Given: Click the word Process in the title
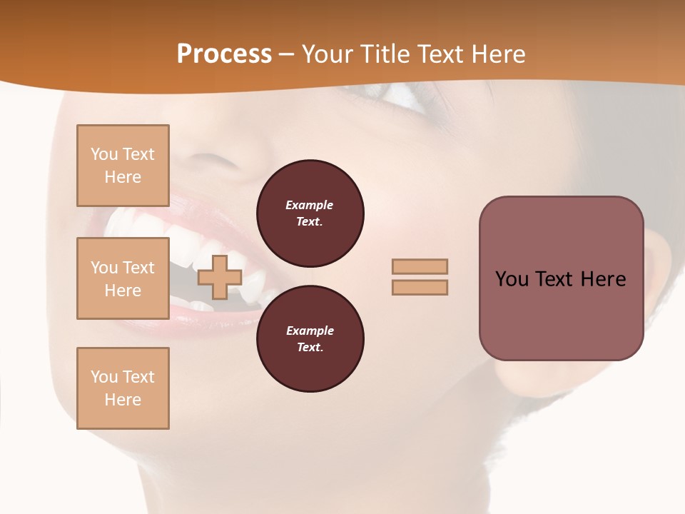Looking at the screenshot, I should [224, 54].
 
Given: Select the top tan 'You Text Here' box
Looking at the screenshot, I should [123, 166].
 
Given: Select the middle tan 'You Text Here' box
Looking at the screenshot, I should [123, 278].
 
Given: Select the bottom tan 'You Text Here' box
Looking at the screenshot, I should [123, 388].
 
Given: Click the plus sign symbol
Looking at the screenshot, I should [219, 277].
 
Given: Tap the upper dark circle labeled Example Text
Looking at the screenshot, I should [310, 213].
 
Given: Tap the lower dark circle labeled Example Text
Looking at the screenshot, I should [310, 338].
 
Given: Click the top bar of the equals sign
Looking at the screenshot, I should [420, 267].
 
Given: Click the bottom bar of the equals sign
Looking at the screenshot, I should [420, 288].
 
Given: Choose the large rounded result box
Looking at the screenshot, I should [561, 278].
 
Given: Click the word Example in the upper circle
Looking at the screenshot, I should [310, 205].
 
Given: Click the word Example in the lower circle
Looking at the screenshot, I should [310, 331].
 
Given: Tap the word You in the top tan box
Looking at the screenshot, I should [103, 154].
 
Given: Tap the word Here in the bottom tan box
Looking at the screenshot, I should [123, 400].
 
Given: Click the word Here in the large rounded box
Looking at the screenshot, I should [604, 279].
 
